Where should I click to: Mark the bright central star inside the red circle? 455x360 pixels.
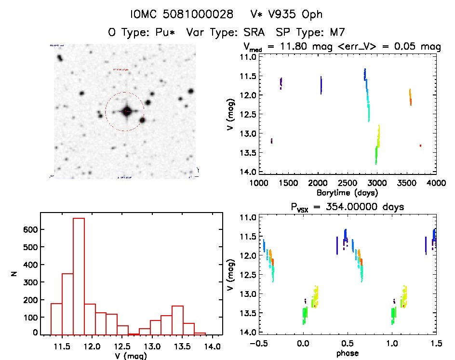coord(126,111)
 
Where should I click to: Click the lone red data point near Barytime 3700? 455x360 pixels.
coord(420,145)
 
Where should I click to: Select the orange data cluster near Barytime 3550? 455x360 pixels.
coord(410,97)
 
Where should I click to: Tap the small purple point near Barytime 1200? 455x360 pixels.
coord(272,141)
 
